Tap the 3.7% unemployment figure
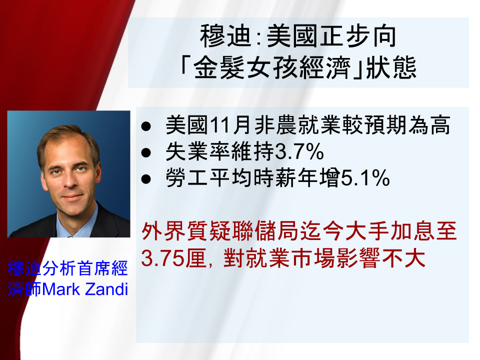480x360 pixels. click(x=299, y=151)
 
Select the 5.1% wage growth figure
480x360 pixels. click(x=365, y=178)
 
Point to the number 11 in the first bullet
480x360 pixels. click(x=220, y=125)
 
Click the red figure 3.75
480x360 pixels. click(x=162, y=258)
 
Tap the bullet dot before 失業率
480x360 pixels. click(x=146, y=152)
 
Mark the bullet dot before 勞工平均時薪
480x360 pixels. click(x=146, y=179)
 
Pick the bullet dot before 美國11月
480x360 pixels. click(x=146, y=126)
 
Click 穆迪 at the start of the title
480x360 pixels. click(x=226, y=36)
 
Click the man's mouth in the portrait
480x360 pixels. click(x=72, y=196)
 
